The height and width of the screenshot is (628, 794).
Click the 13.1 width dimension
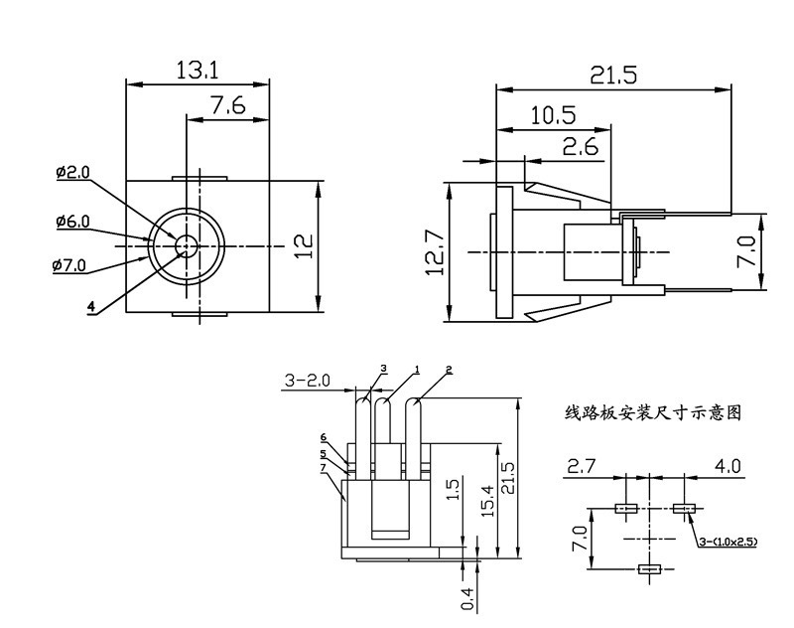(x=198, y=70)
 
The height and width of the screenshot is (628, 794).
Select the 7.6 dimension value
(x=227, y=105)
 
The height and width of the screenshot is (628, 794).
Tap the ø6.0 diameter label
(x=72, y=222)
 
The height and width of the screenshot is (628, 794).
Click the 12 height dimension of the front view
(x=304, y=244)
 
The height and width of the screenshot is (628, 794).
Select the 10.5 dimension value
(x=553, y=115)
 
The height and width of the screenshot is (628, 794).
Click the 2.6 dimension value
(x=580, y=147)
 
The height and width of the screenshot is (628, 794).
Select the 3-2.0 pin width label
(x=308, y=381)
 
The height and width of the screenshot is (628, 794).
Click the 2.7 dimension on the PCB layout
(x=582, y=466)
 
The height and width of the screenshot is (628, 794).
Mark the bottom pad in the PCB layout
(x=650, y=569)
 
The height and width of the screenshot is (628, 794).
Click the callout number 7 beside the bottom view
(x=324, y=467)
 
